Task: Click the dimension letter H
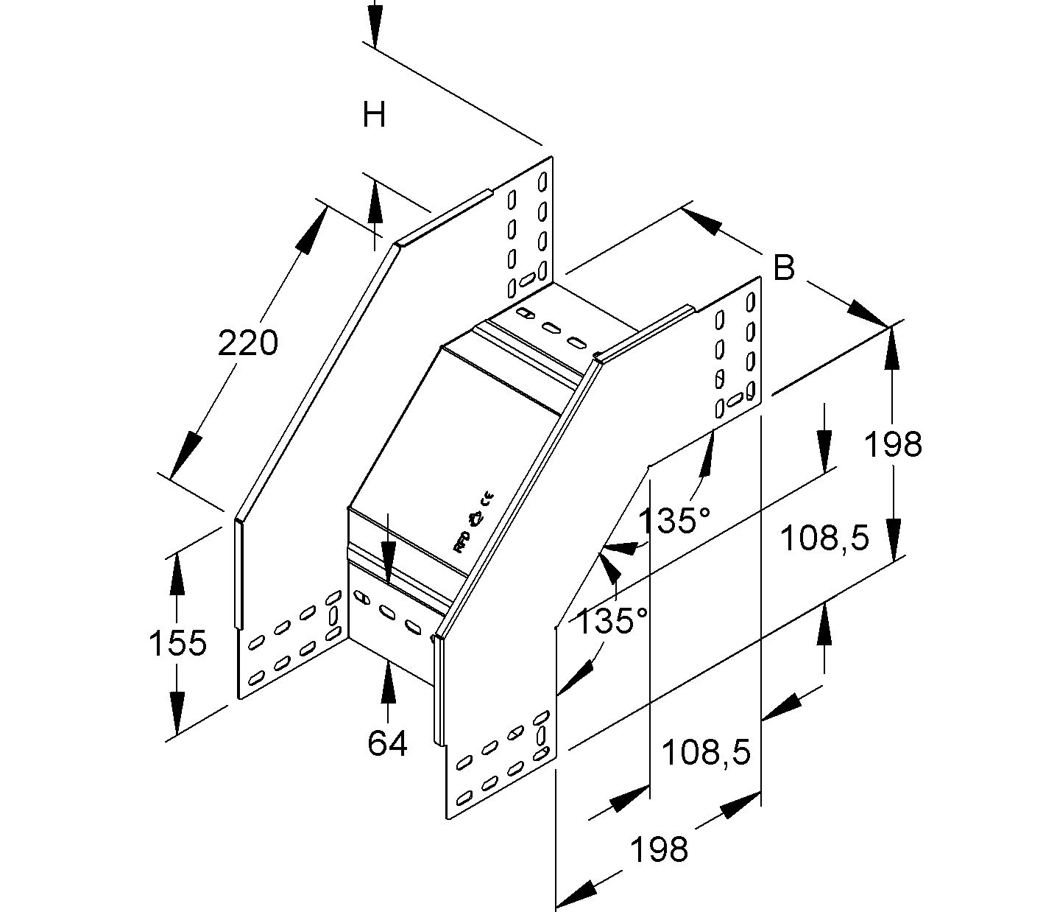point(374,115)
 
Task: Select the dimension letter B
point(785,267)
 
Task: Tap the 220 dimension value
point(247,343)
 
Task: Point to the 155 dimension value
point(177,642)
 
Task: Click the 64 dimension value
point(387,743)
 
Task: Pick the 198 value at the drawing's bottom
point(659,849)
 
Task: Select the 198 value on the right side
point(892,444)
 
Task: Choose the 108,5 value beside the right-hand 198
point(824,539)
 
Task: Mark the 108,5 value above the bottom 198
point(706,752)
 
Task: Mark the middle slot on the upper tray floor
point(549,326)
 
